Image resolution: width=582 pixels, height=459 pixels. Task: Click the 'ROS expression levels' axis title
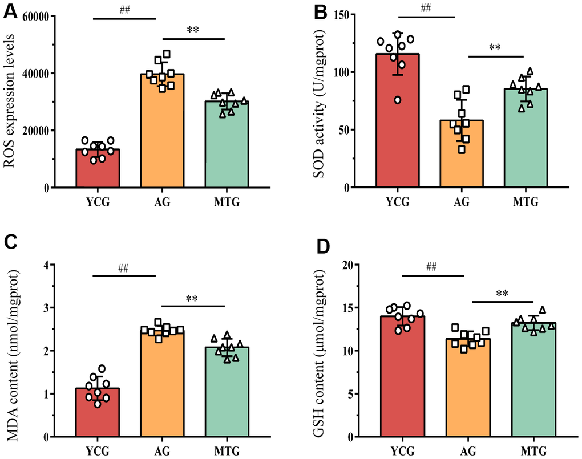pyautogui.click(x=10, y=103)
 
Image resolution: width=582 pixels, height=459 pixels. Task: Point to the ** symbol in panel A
pyautogui.click(x=192, y=29)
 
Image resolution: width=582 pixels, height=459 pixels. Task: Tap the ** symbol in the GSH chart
pyautogui.click(x=502, y=294)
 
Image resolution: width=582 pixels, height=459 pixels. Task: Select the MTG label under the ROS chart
pyautogui.click(x=227, y=203)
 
